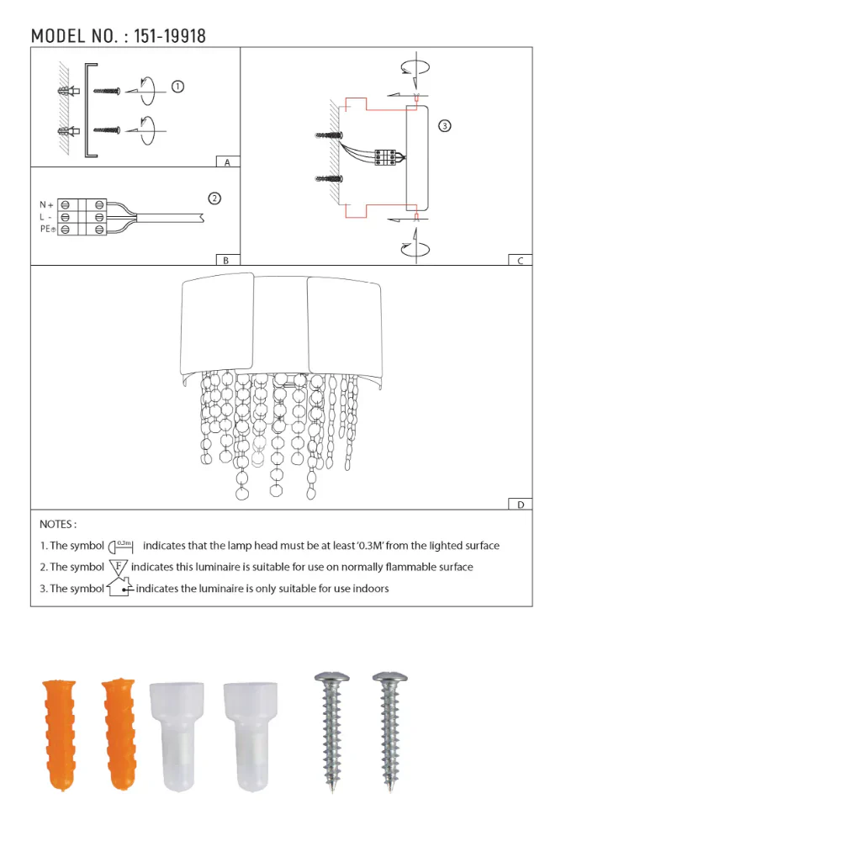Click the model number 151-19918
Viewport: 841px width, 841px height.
(170, 35)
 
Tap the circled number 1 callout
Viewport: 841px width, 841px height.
(177, 87)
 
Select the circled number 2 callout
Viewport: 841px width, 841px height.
(214, 198)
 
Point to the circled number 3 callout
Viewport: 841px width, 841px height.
(445, 126)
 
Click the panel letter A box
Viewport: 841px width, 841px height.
(227, 162)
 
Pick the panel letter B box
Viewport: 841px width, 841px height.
(226, 261)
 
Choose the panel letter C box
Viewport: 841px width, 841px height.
(520, 261)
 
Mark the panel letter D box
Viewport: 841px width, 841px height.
(520, 505)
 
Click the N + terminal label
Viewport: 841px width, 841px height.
(46, 204)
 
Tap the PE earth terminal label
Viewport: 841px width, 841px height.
(47, 229)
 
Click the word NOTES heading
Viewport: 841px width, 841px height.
(58, 524)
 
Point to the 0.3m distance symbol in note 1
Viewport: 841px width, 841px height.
(123, 546)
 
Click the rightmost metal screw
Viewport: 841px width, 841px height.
(389, 728)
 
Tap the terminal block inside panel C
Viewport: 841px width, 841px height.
(385, 156)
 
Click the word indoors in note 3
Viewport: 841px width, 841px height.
(370, 589)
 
